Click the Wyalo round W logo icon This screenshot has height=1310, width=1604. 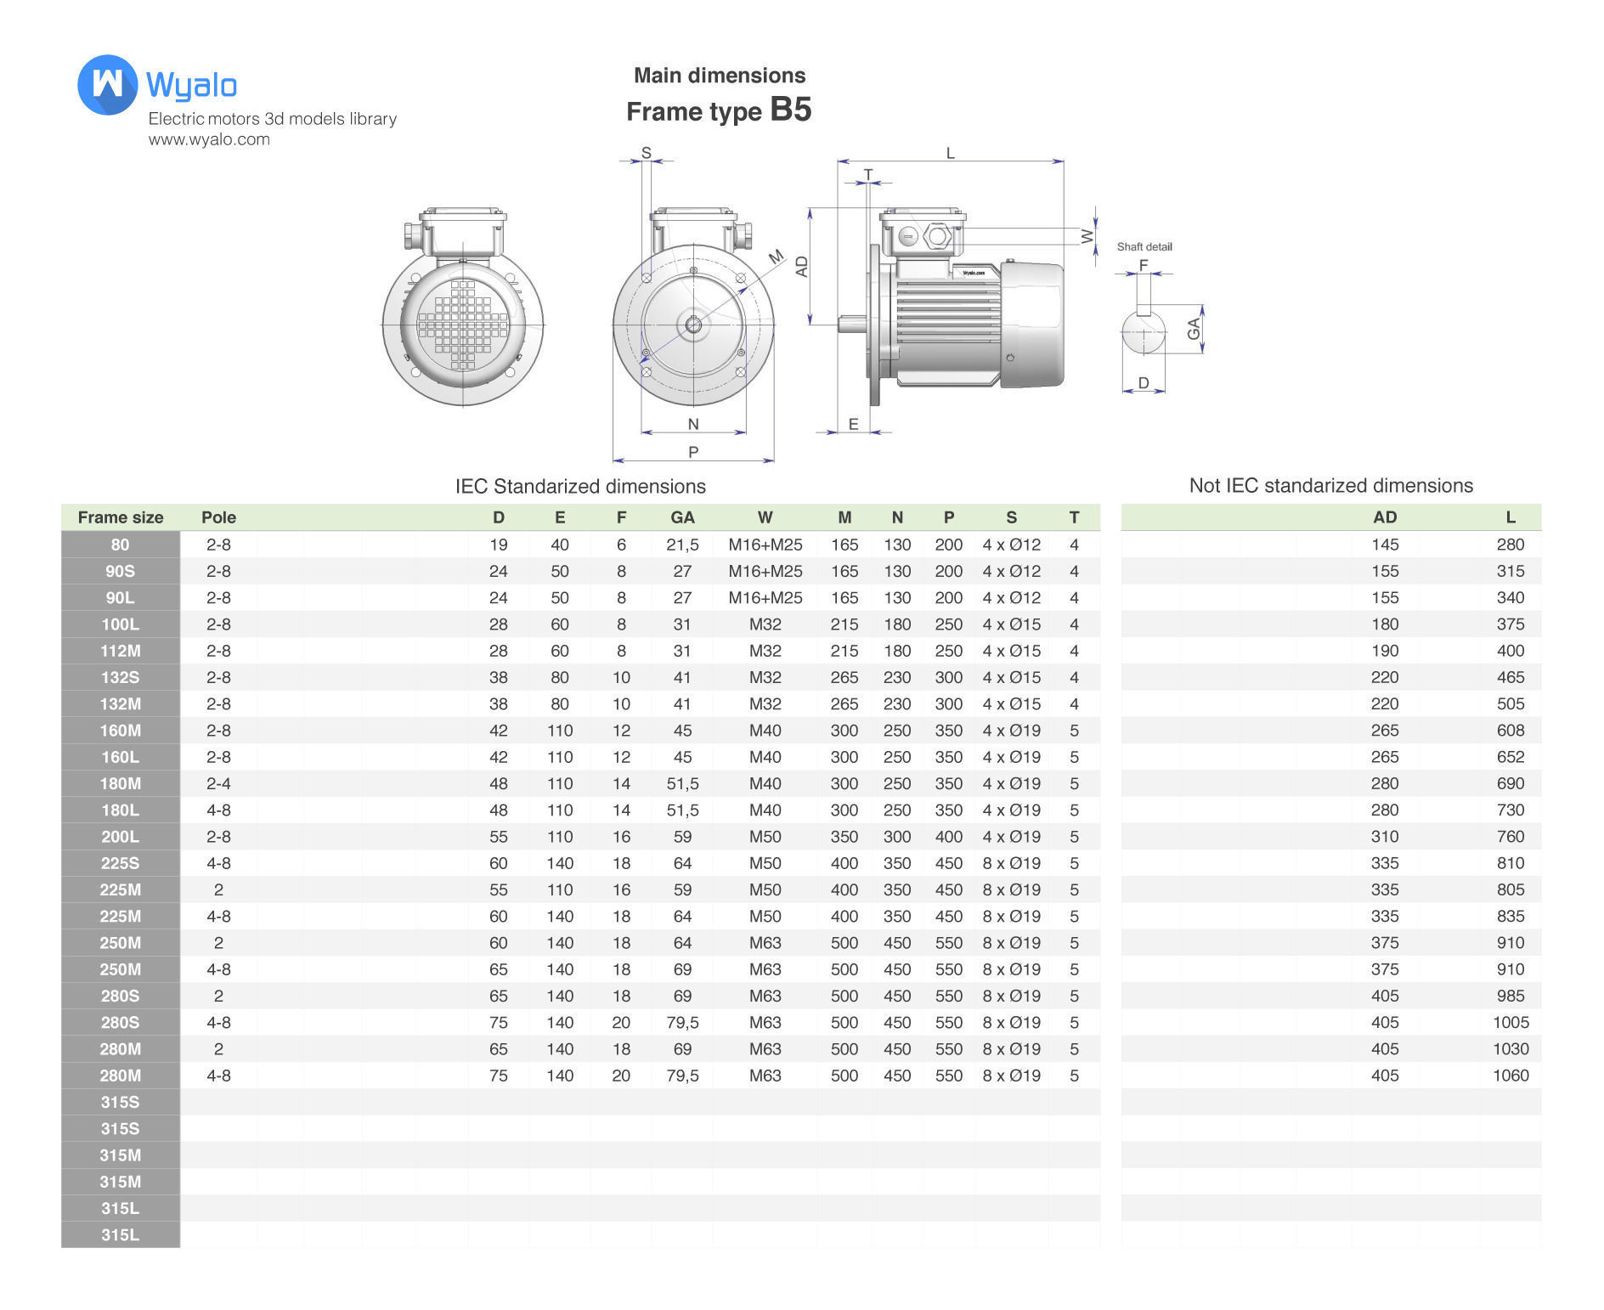click(x=107, y=84)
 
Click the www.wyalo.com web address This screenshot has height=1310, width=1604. click(x=209, y=139)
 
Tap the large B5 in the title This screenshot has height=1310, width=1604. click(x=790, y=110)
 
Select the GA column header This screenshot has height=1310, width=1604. click(x=682, y=517)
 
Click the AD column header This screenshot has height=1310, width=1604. click(x=1384, y=517)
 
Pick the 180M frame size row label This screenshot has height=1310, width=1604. click(x=120, y=783)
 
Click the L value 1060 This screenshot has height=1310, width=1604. click(x=1510, y=1076)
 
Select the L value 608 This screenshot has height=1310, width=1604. click(x=1510, y=731)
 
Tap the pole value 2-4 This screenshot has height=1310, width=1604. click(x=218, y=783)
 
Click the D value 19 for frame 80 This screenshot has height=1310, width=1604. click(x=498, y=545)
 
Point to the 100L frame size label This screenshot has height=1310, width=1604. click(x=120, y=624)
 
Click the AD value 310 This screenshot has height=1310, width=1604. click(x=1384, y=837)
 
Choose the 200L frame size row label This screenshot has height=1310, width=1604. click(x=120, y=837)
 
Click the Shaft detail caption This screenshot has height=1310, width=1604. click(x=1144, y=247)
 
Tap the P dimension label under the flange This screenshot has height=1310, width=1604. click(x=693, y=451)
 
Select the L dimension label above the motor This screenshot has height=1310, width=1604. click(x=950, y=154)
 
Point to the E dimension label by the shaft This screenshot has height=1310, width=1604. click(x=853, y=424)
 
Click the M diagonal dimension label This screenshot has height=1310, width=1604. click(x=776, y=257)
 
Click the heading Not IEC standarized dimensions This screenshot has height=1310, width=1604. click(x=1330, y=486)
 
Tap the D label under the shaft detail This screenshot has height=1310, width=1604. click(x=1143, y=383)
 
